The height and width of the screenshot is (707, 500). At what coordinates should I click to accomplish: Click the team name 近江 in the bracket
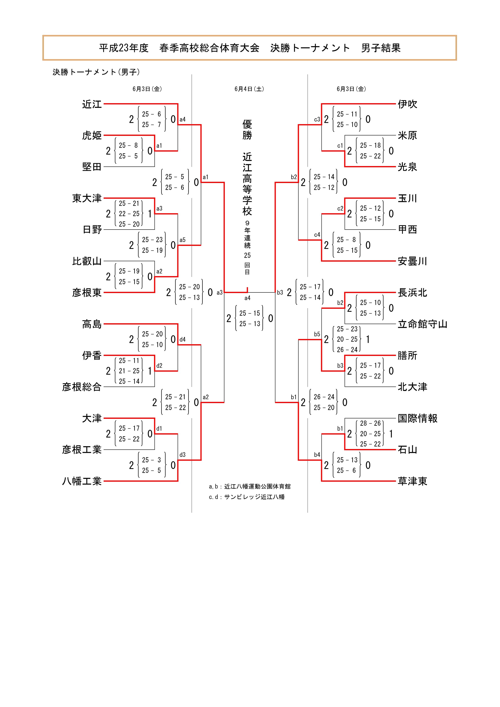[92, 104]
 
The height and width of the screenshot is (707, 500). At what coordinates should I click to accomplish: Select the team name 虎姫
[92, 135]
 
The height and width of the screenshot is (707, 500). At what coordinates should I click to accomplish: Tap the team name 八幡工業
[82, 481]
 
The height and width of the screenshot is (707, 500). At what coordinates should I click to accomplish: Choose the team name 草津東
[412, 481]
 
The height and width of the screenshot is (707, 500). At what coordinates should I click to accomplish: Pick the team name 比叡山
[87, 261]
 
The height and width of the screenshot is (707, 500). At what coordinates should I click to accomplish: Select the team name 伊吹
[407, 104]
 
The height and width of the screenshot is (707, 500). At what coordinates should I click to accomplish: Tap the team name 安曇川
[412, 261]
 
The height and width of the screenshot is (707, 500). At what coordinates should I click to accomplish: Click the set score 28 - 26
[370, 423]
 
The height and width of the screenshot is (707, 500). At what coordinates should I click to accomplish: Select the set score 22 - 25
[129, 214]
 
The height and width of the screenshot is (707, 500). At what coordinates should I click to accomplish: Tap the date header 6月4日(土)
[249, 89]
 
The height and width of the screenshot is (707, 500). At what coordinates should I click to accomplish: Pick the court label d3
[183, 455]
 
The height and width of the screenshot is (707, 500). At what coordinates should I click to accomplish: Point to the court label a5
[183, 240]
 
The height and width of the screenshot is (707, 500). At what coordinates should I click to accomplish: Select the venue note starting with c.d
[247, 497]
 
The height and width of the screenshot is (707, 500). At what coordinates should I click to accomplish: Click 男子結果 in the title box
[381, 48]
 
